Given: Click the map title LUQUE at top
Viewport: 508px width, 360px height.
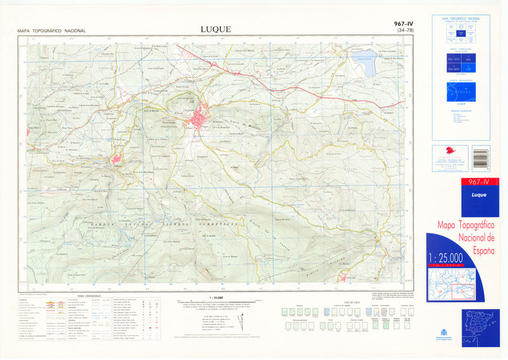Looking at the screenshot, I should (215, 29).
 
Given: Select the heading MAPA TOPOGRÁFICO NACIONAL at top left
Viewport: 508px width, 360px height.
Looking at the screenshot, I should (52, 30).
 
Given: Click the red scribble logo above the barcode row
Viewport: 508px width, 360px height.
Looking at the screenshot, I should (451, 152).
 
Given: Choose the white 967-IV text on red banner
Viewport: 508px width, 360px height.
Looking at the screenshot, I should (477, 183).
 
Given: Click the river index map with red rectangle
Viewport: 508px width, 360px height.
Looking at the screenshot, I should (451, 283).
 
